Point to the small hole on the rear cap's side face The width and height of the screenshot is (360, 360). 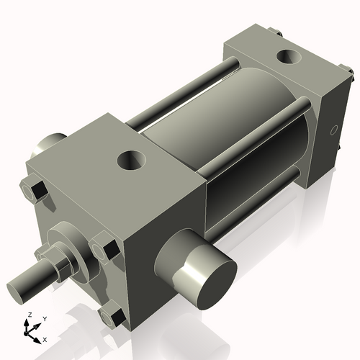333,130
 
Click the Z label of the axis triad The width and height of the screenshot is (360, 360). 28,315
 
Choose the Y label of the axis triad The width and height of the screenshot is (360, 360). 44,318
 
